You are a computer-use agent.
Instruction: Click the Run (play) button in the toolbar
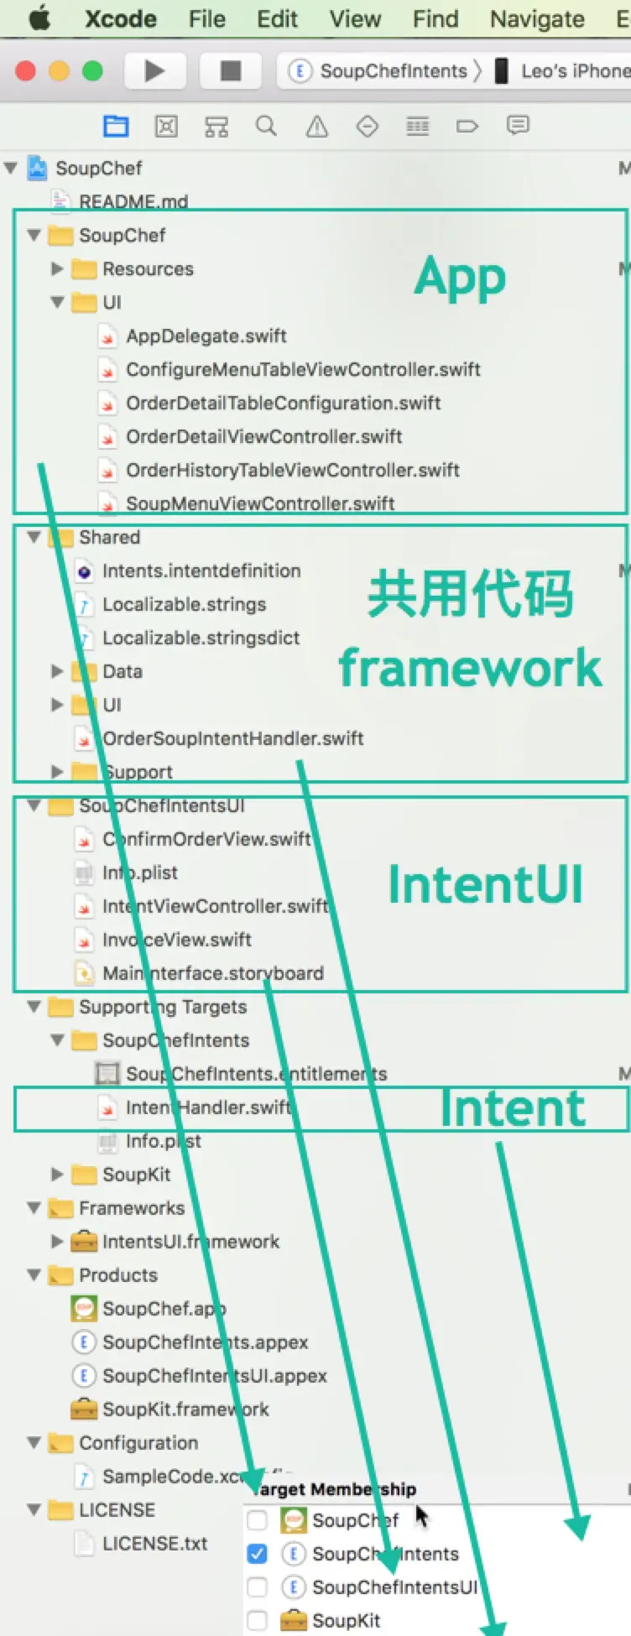pyautogui.click(x=154, y=71)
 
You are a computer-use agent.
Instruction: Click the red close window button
pyautogui.click(x=26, y=71)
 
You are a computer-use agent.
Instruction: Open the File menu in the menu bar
pyautogui.click(x=206, y=18)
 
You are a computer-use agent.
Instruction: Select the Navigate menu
pyautogui.click(x=537, y=18)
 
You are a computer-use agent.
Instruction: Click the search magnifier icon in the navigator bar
pyautogui.click(x=266, y=127)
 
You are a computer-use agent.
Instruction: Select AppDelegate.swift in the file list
pyautogui.click(x=206, y=336)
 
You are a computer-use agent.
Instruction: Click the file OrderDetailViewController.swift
pyautogui.click(x=263, y=437)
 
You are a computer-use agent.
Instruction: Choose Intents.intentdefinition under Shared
pyautogui.click(x=201, y=571)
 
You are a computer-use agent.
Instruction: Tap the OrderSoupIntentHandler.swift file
pyautogui.click(x=232, y=739)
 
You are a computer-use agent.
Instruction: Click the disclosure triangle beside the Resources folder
pyautogui.click(x=57, y=269)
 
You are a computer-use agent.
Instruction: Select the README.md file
pyautogui.click(x=133, y=201)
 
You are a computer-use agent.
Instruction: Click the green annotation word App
pyautogui.click(x=460, y=278)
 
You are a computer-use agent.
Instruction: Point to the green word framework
pyautogui.click(x=470, y=668)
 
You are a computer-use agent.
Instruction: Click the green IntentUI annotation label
pyautogui.click(x=485, y=885)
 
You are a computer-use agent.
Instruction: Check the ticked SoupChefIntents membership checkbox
pyautogui.click(x=258, y=1554)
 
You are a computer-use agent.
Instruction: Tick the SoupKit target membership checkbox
pyautogui.click(x=258, y=1621)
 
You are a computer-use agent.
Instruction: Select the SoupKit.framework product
pyautogui.click(x=185, y=1409)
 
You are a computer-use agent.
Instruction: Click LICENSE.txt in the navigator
pyautogui.click(x=154, y=1544)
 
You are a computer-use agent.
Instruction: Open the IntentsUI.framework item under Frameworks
pyautogui.click(x=190, y=1242)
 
